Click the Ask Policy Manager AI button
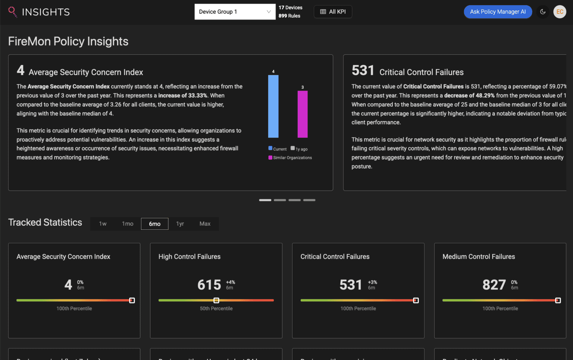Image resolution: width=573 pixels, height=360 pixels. pyautogui.click(x=498, y=12)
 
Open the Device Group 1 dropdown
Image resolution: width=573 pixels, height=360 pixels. pyautogui.click(x=235, y=12)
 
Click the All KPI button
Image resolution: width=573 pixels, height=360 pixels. pyautogui.click(x=333, y=12)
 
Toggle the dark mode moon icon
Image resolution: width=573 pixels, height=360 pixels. pyautogui.click(x=543, y=12)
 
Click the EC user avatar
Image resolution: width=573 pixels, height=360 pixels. pyautogui.click(x=560, y=12)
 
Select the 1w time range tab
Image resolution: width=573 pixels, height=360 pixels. pyautogui.click(x=103, y=224)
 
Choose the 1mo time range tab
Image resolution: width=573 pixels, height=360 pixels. pyautogui.click(x=128, y=224)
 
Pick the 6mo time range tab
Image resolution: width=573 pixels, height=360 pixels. pyautogui.click(x=154, y=224)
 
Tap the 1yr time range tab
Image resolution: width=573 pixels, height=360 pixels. pyautogui.click(x=180, y=224)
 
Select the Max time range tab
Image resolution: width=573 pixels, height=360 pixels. pyautogui.click(x=205, y=224)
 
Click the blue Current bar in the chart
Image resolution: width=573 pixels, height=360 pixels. pyautogui.click(x=273, y=106)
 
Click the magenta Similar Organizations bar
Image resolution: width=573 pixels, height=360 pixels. pyautogui.click(x=303, y=114)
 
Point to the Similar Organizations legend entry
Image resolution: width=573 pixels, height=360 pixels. pyautogui.click(x=290, y=158)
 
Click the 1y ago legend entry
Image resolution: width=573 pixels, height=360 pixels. pyautogui.click(x=299, y=149)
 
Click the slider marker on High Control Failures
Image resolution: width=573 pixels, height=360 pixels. pyautogui.click(x=216, y=300)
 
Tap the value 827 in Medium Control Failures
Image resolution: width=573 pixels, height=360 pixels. pyautogui.click(x=494, y=285)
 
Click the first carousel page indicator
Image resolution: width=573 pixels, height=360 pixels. pyautogui.click(x=265, y=200)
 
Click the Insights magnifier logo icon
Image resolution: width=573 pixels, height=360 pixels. pyautogui.click(x=12, y=12)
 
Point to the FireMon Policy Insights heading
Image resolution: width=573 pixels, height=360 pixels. pyautogui.click(x=68, y=41)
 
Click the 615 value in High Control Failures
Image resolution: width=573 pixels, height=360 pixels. pyautogui.click(x=209, y=285)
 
